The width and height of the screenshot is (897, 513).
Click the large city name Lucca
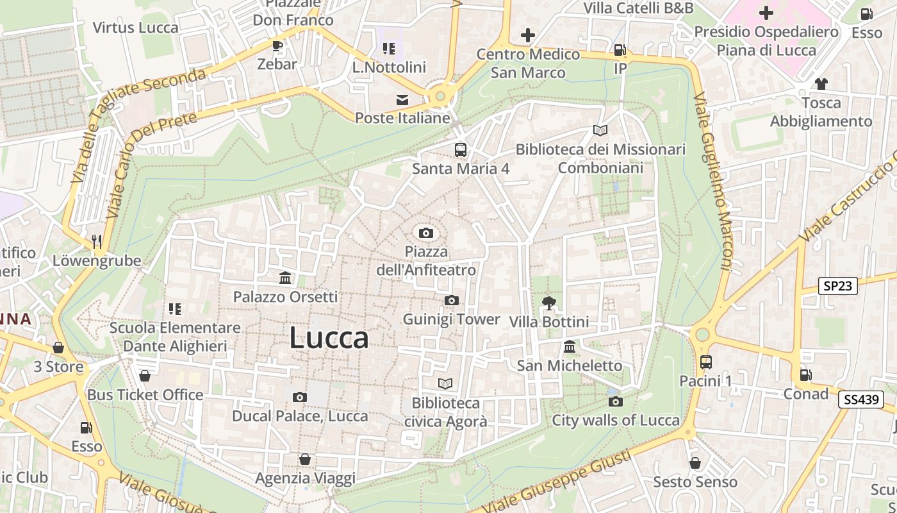point(329,338)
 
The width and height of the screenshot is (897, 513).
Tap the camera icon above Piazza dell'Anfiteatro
point(425,233)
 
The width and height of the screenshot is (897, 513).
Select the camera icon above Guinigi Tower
point(451,300)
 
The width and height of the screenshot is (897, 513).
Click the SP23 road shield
point(838,286)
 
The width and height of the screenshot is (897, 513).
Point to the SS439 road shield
point(860,399)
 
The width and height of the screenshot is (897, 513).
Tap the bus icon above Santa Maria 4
point(460,150)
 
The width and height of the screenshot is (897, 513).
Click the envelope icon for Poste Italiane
point(402,100)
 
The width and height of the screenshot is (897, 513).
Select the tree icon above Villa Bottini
point(548,303)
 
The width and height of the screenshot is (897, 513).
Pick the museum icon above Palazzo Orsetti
point(285,278)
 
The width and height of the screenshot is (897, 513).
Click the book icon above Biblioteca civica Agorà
point(445,383)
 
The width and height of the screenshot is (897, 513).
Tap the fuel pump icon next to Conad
point(805,375)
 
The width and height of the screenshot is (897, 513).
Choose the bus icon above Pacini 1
point(705,362)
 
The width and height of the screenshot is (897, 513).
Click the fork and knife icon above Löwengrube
point(97,242)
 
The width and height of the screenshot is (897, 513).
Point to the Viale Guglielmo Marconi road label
point(713,182)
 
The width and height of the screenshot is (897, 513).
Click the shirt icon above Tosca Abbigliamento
point(821,84)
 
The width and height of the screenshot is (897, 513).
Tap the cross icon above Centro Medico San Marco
point(527,35)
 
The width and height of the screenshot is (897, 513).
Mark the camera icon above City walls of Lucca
point(615,401)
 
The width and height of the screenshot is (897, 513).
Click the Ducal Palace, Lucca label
point(300,416)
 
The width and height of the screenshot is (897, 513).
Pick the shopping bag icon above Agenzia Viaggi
point(305,460)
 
